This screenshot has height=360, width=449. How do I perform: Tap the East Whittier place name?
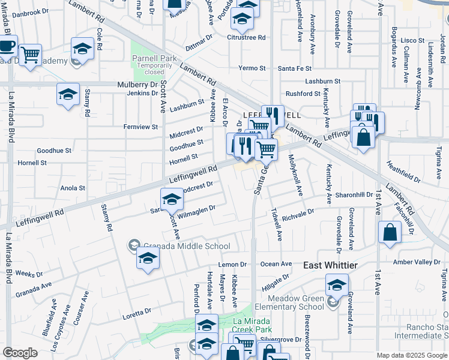(330, 265)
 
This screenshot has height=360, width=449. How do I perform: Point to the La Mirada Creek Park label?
(252, 325)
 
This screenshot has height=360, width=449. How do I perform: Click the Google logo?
(20, 353)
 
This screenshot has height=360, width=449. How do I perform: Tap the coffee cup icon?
(7, 46)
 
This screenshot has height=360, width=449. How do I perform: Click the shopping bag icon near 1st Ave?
(390, 233)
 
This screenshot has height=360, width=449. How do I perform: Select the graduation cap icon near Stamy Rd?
(68, 94)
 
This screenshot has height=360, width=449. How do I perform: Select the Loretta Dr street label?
(137, 313)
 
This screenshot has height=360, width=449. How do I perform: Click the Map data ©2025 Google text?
(411, 355)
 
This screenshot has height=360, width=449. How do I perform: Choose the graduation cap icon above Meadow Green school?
(337, 285)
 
